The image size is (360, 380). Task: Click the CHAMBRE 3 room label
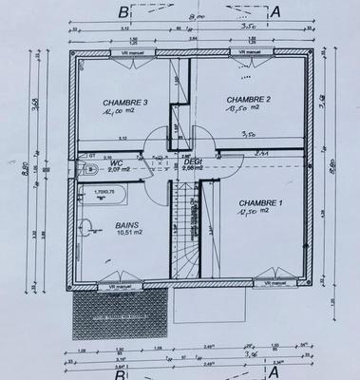[x=104, y=103]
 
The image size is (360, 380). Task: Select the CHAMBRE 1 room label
[x=260, y=202]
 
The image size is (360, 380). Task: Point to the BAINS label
[x=125, y=226]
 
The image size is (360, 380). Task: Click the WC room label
[x=117, y=162]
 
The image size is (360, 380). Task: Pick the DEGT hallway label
[x=193, y=161]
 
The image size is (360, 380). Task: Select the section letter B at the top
[x=123, y=12]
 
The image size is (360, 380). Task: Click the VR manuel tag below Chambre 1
[x=273, y=283]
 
